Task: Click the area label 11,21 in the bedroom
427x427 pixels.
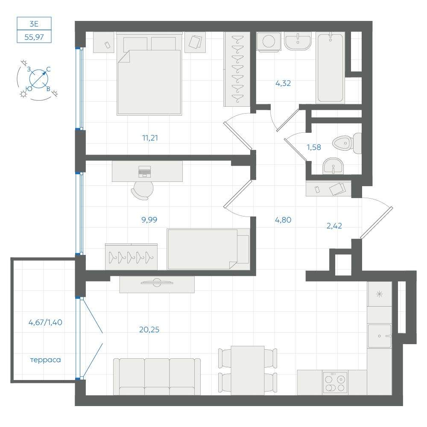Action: (150, 138)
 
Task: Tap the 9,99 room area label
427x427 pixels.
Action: (149, 219)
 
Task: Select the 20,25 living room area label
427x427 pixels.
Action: (149, 330)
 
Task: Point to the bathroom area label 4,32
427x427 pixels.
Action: (283, 83)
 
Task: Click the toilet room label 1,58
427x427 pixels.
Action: (314, 147)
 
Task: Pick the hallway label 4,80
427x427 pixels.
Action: (283, 220)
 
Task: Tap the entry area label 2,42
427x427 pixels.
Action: (334, 226)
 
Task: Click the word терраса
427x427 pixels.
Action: (46, 360)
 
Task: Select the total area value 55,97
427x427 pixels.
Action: (34, 37)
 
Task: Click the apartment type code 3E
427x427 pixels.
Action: (34, 24)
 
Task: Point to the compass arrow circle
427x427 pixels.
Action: (39, 79)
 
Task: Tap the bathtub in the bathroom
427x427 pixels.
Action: (330, 67)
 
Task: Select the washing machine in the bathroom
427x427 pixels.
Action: (269, 42)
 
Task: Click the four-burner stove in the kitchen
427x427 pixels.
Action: (335, 382)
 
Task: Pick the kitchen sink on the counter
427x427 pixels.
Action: (379, 336)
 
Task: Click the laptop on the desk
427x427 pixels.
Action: (144, 171)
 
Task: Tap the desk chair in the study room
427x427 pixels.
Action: (143, 190)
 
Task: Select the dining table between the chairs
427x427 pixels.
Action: (248, 370)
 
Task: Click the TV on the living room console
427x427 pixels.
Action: (157, 282)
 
